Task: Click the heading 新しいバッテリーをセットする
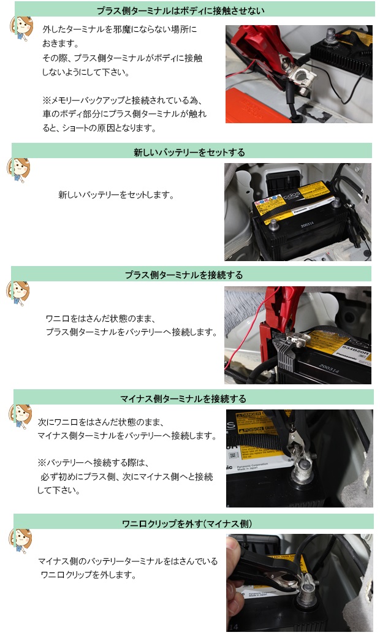[x=189, y=152]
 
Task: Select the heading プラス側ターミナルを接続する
[x=184, y=275]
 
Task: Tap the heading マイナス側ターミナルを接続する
[x=183, y=399]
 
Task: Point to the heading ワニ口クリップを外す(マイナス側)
[x=187, y=523]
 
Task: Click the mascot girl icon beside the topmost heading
[x=21, y=29]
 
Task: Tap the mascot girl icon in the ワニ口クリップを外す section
[x=20, y=541]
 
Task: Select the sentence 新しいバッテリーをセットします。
[x=116, y=195]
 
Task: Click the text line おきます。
[x=61, y=44]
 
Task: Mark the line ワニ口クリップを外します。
[x=89, y=575]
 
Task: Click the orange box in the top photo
[x=255, y=106]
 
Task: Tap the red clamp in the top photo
[x=264, y=48]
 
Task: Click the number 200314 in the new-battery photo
[x=307, y=224]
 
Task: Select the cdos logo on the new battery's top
[x=292, y=196]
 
